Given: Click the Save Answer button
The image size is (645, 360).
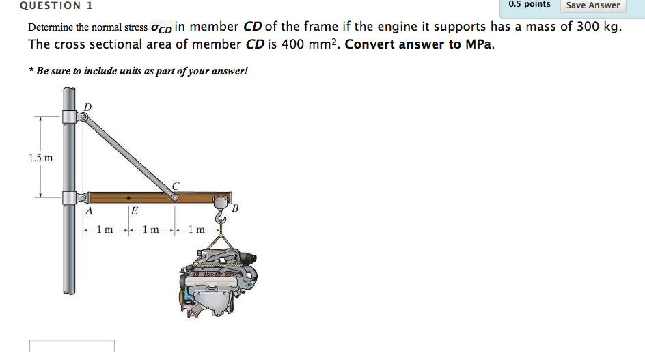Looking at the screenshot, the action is [593, 5].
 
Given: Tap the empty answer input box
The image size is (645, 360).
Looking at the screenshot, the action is [72, 346].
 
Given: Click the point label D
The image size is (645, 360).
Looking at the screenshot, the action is [87, 107].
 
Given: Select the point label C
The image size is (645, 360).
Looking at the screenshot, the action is [176, 186].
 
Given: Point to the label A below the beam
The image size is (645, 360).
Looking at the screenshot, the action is [88, 212].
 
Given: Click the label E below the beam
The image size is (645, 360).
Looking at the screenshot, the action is [135, 212].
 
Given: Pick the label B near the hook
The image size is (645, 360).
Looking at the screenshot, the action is [235, 208].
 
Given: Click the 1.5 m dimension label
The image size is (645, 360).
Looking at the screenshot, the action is [41, 158].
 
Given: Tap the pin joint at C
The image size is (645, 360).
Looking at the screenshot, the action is [175, 197].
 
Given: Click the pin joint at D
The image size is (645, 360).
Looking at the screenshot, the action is [83, 117].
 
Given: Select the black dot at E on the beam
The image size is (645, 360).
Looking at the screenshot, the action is [128, 198].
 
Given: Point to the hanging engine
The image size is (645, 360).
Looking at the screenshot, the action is [218, 280].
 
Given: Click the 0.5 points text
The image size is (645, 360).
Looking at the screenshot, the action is [530, 5].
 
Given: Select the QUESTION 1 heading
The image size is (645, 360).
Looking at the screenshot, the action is [56, 5].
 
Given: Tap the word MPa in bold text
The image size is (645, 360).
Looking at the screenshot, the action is [478, 44].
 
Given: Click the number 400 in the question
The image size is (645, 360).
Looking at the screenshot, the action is [292, 44].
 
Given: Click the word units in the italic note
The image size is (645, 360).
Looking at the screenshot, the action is [131, 71].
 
